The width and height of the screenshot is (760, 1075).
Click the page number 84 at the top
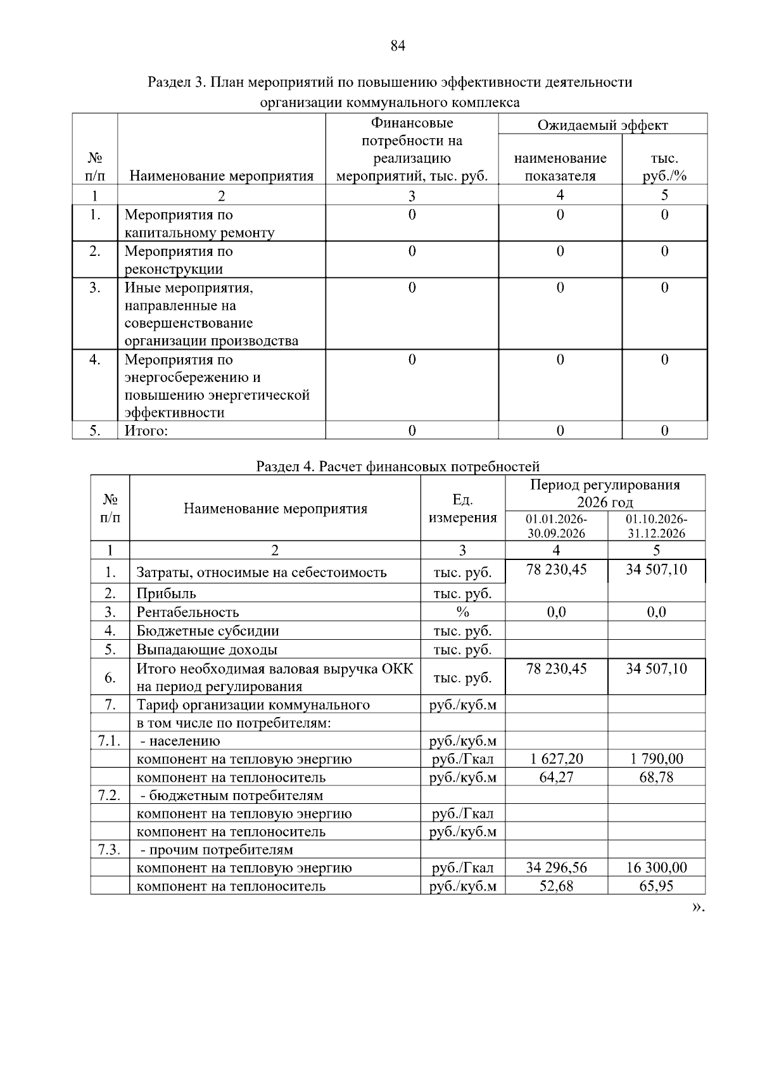coord(398,46)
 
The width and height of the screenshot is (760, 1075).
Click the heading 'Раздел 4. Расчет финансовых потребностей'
coord(398,467)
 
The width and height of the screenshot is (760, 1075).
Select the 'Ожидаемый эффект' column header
coord(602,125)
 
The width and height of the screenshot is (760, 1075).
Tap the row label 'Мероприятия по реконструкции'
coord(179,260)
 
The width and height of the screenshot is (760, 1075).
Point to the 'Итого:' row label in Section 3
coord(146,431)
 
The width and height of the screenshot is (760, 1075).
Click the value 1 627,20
coord(556,759)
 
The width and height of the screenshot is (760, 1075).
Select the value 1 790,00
coord(656,759)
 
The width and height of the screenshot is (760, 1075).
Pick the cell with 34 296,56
coord(556,868)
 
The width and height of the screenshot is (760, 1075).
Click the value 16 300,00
coord(656,868)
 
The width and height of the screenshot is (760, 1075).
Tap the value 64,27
coord(556,777)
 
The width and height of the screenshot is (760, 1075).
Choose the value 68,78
coord(656,777)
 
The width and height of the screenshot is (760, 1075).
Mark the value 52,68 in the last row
coord(556,886)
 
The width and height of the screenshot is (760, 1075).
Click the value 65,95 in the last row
coord(656,886)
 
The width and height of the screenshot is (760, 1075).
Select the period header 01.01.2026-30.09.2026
coord(556,526)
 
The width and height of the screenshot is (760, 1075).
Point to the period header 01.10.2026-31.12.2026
coord(656,526)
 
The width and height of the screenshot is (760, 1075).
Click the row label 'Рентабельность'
coord(188,612)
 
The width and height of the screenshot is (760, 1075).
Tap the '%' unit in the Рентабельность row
coord(462,612)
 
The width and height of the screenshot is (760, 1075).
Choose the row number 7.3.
coord(110,849)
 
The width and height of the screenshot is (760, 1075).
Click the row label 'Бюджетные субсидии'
coord(208,631)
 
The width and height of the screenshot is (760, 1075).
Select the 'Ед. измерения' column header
coord(462,509)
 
